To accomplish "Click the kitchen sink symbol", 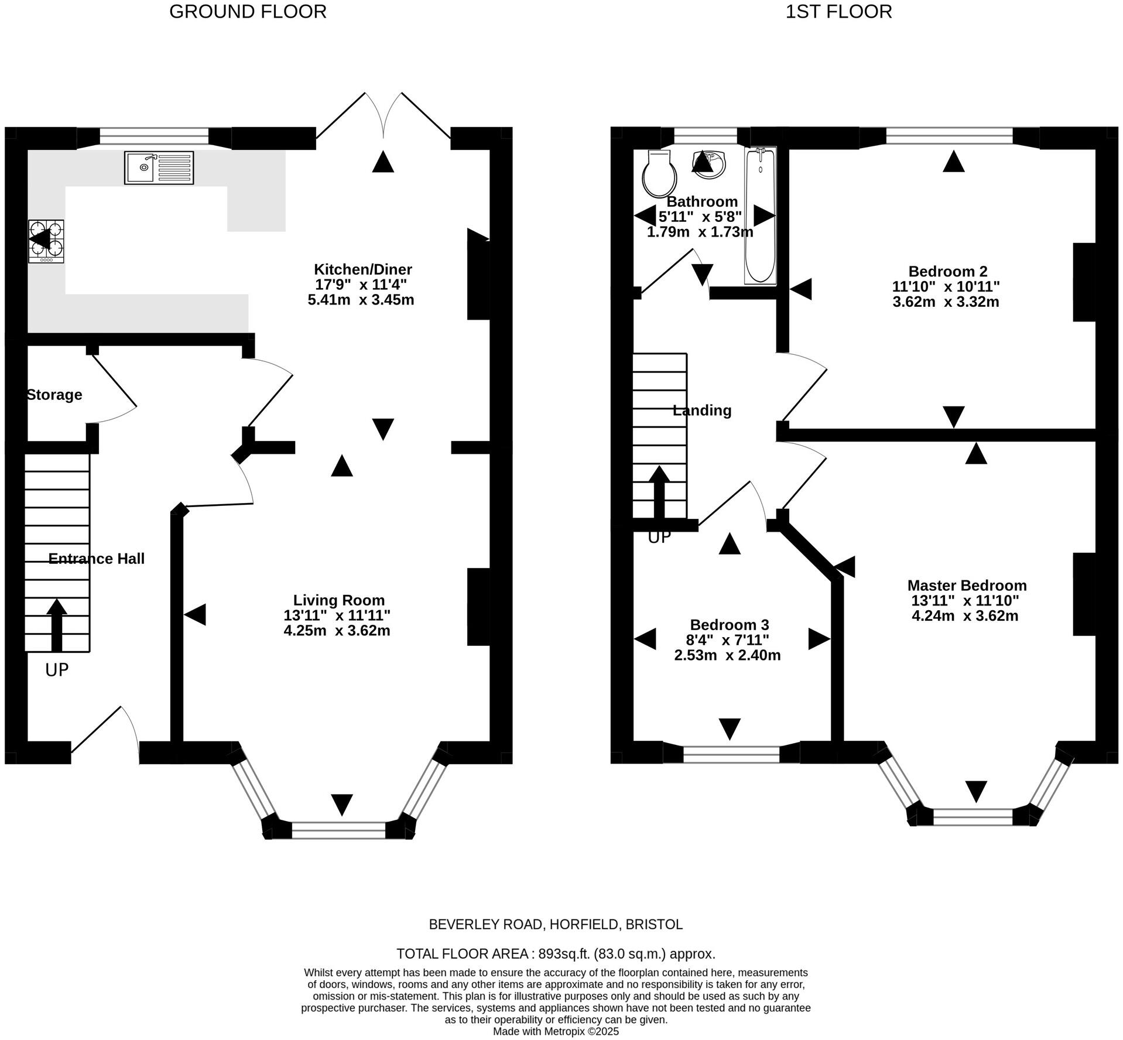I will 159,167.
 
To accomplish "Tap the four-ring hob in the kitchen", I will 46,241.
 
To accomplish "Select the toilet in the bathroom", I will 659,174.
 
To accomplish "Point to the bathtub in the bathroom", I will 760,215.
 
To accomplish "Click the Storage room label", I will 54,395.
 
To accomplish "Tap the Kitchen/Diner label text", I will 363,269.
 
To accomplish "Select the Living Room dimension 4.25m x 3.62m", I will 337,631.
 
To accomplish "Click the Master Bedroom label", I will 967,585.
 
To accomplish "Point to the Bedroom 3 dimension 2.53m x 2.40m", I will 727,655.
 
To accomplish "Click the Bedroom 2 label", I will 947,271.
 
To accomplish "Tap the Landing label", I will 702,410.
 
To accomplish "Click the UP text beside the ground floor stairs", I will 57,670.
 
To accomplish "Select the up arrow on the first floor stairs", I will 659,492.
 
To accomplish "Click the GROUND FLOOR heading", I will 248,11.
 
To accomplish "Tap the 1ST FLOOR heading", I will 838,11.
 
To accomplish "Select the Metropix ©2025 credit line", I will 555,1032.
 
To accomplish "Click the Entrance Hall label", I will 97,559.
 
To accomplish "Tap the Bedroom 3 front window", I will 731,754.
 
